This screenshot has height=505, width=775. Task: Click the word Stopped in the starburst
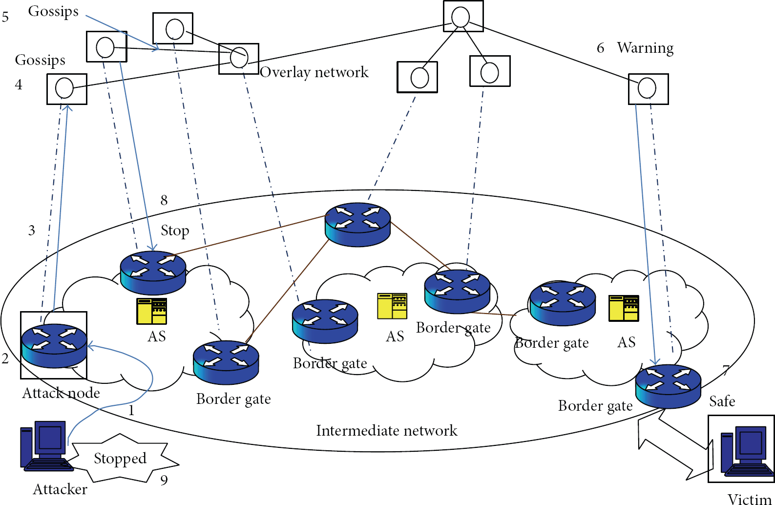coord(120,459)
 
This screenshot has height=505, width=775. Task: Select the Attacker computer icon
coord(47,446)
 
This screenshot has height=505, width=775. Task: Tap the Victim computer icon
coord(747,450)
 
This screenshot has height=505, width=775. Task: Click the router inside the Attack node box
coord(54,346)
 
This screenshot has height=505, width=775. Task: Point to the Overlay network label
coord(314,72)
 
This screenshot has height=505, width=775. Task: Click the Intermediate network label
coord(387,431)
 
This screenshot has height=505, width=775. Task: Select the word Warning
coord(646,48)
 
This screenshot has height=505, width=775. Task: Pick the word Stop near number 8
coord(175,231)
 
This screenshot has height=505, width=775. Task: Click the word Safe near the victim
coord(722,401)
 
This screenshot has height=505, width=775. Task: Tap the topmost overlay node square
coord(463,16)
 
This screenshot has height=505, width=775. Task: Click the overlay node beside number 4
coord(67,89)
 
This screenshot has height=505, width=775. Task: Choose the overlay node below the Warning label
coord(649,89)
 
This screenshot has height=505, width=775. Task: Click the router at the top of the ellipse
coord(358,225)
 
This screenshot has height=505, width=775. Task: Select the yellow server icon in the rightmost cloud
coord(624,308)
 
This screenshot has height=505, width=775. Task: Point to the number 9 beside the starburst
coord(164,480)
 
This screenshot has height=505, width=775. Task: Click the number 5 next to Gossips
coord(5,17)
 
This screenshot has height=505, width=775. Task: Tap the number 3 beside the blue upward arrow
coord(31,231)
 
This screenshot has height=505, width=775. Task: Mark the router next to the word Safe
coord(668,387)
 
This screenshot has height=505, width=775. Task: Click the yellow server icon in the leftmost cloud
coord(151,311)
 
